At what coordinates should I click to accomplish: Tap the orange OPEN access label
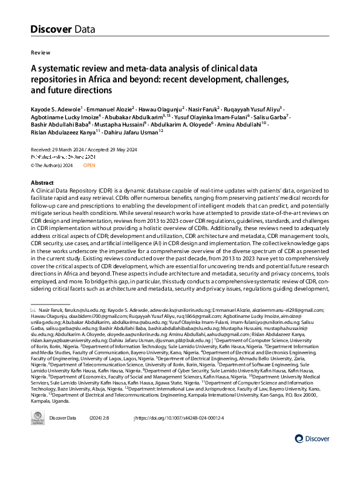89,165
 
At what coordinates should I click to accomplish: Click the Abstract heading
43,183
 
